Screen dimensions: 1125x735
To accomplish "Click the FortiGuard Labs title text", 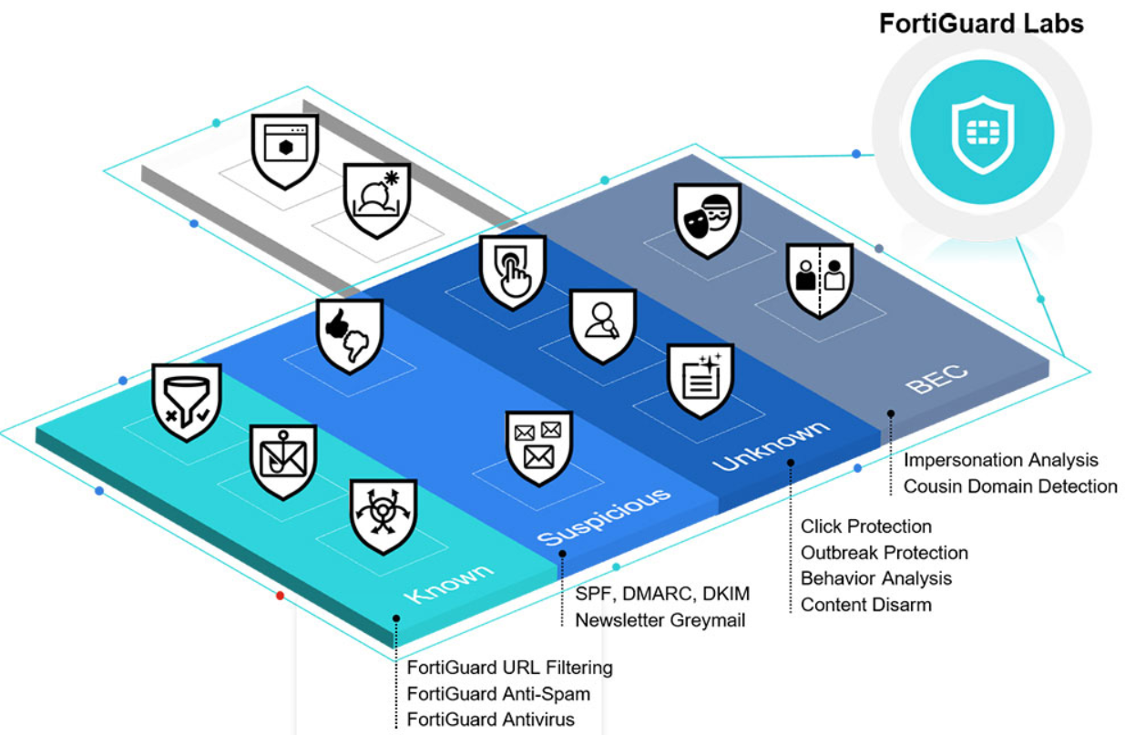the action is (x=981, y=24).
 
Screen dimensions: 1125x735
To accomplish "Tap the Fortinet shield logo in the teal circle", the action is (x=982, y=134).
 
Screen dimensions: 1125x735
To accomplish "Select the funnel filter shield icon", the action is (x=187, y=403).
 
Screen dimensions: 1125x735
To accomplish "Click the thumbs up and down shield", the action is (x=350, y=336).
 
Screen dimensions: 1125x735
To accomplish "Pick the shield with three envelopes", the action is (x=539, y=448).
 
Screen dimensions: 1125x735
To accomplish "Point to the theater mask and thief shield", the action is (x=708, y=220).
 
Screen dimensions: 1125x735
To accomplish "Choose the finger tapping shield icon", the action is (x=512, y=272).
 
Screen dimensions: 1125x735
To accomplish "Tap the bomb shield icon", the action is (x=377, y=200).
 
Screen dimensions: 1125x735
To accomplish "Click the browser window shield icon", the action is (x=285, y=151).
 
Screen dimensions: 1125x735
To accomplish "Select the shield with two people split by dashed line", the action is (x=820, y=281).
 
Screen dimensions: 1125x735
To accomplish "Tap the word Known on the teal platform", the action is (x=448, y=584).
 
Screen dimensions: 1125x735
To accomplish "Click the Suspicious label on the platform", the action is (x=604, y=516).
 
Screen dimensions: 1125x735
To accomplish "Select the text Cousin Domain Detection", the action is (x=1010, y=486).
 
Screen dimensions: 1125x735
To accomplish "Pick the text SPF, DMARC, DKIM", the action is (x=662, y=594).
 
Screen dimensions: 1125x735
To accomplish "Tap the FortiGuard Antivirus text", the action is (x=491, y=720).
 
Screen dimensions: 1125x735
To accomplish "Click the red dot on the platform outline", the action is (x=281, y=596).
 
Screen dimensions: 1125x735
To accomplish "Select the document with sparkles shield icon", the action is (x=701, y=381).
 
